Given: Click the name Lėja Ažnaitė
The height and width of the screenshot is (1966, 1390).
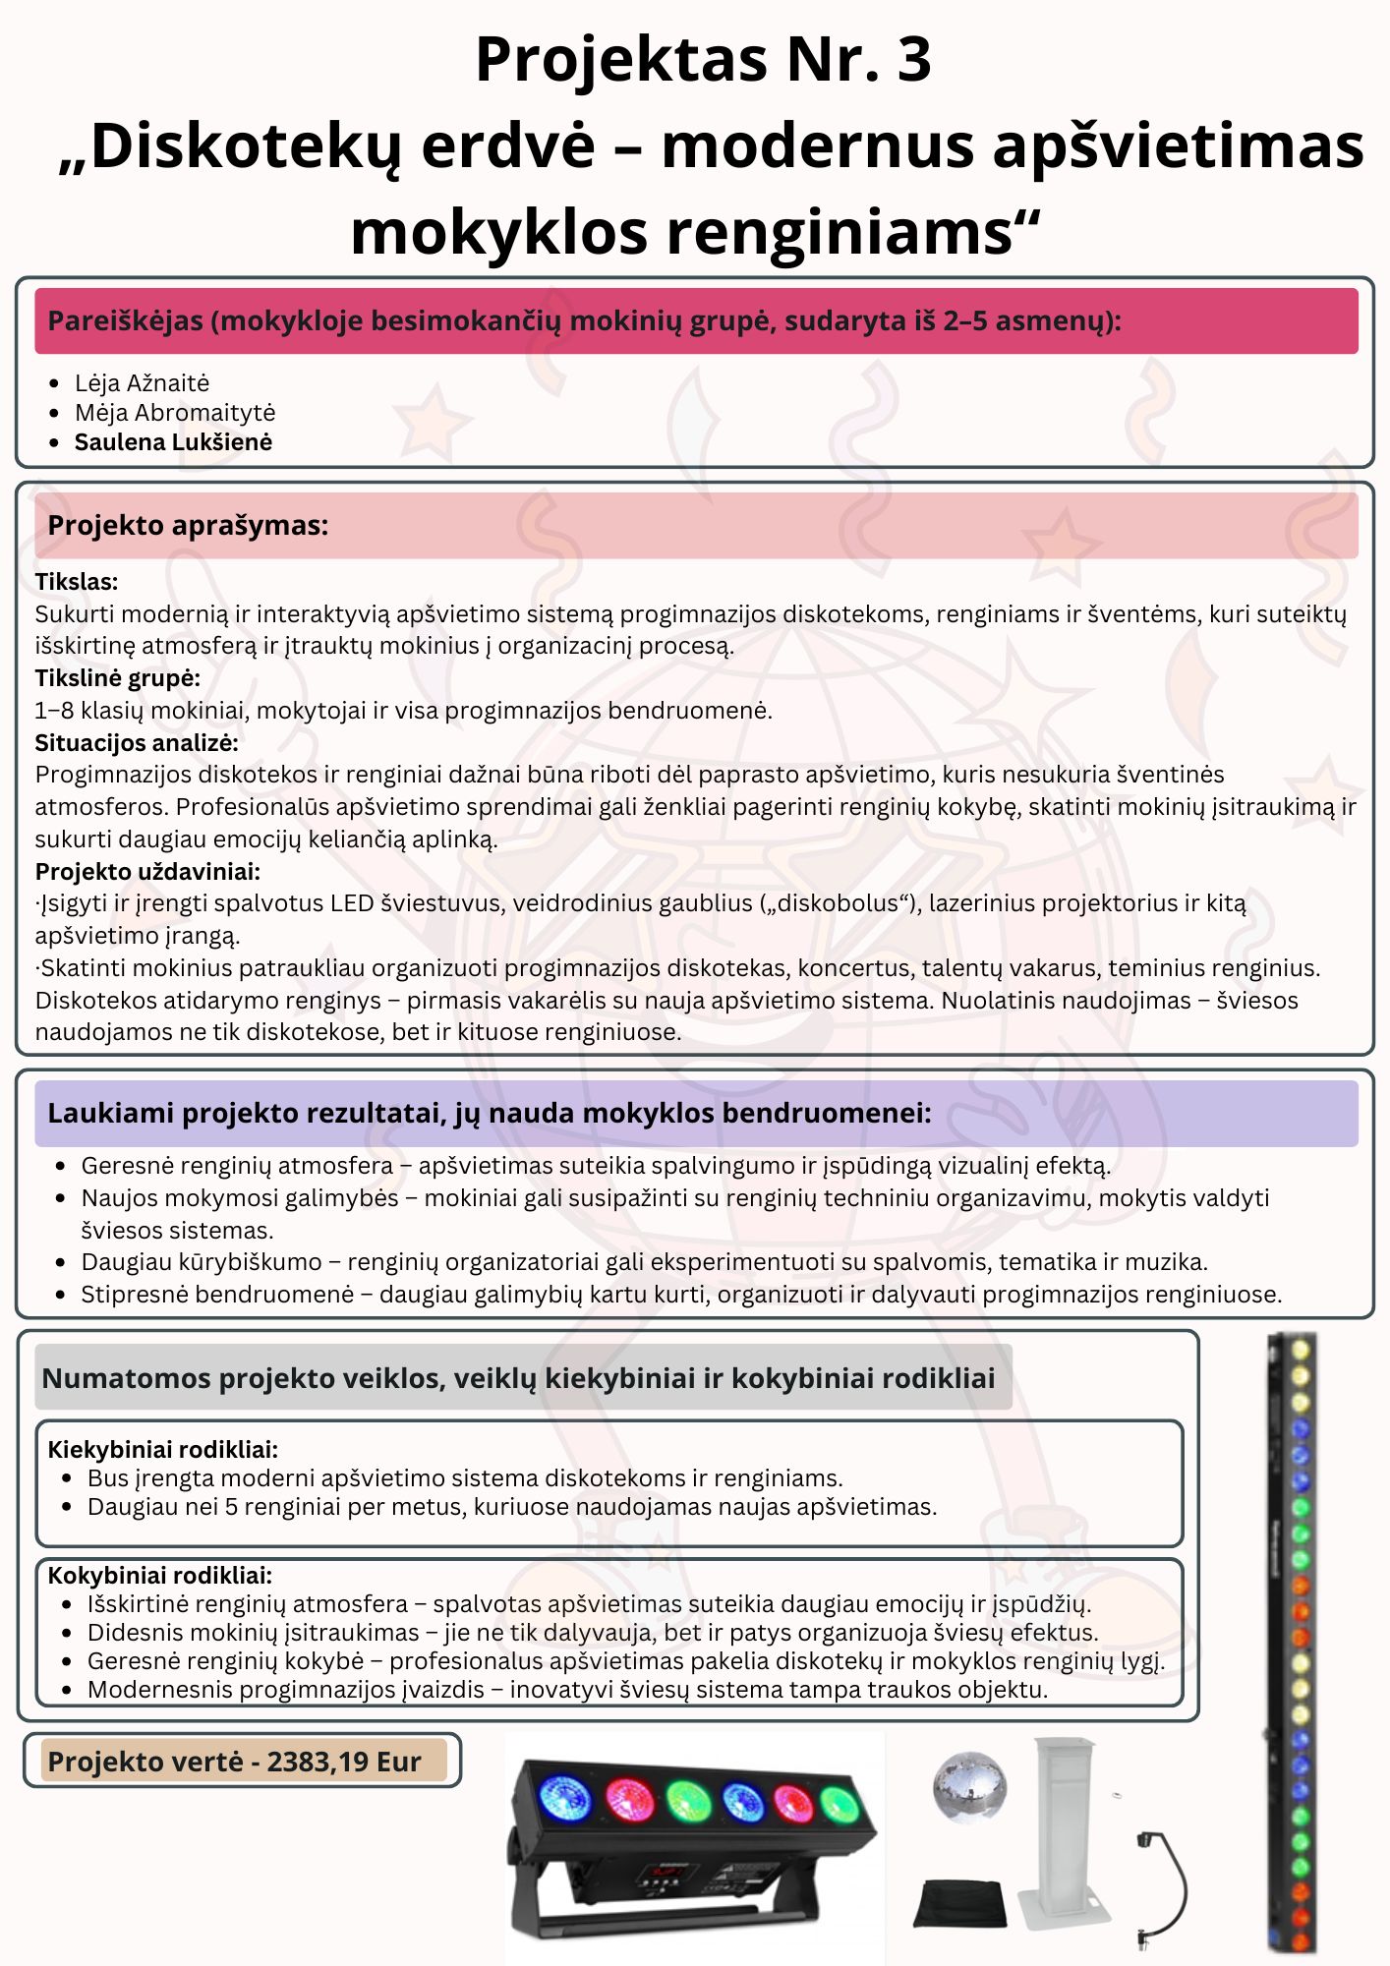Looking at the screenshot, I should click(142, 383).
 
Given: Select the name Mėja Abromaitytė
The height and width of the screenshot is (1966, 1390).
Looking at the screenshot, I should click(175, 413).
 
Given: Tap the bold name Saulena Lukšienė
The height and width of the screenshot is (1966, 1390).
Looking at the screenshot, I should click(173, 442).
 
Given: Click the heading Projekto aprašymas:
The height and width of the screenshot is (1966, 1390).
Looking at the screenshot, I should click(188, 525).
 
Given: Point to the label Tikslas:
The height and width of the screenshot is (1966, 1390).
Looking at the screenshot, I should click(77, 582).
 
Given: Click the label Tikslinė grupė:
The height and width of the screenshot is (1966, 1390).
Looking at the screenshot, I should click(117, 678).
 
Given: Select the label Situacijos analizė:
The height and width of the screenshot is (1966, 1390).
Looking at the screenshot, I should click(137, 742).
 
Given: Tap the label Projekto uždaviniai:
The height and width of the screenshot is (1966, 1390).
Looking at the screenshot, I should click(147, 871).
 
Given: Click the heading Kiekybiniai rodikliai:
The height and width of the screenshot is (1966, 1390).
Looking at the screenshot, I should click(162, 1449).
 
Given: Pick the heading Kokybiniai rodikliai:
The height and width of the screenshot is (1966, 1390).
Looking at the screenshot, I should click(159, 1575).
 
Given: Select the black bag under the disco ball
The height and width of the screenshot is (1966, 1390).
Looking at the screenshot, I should click(960, 1903).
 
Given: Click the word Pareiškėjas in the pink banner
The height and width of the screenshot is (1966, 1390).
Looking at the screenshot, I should click(125, 320).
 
